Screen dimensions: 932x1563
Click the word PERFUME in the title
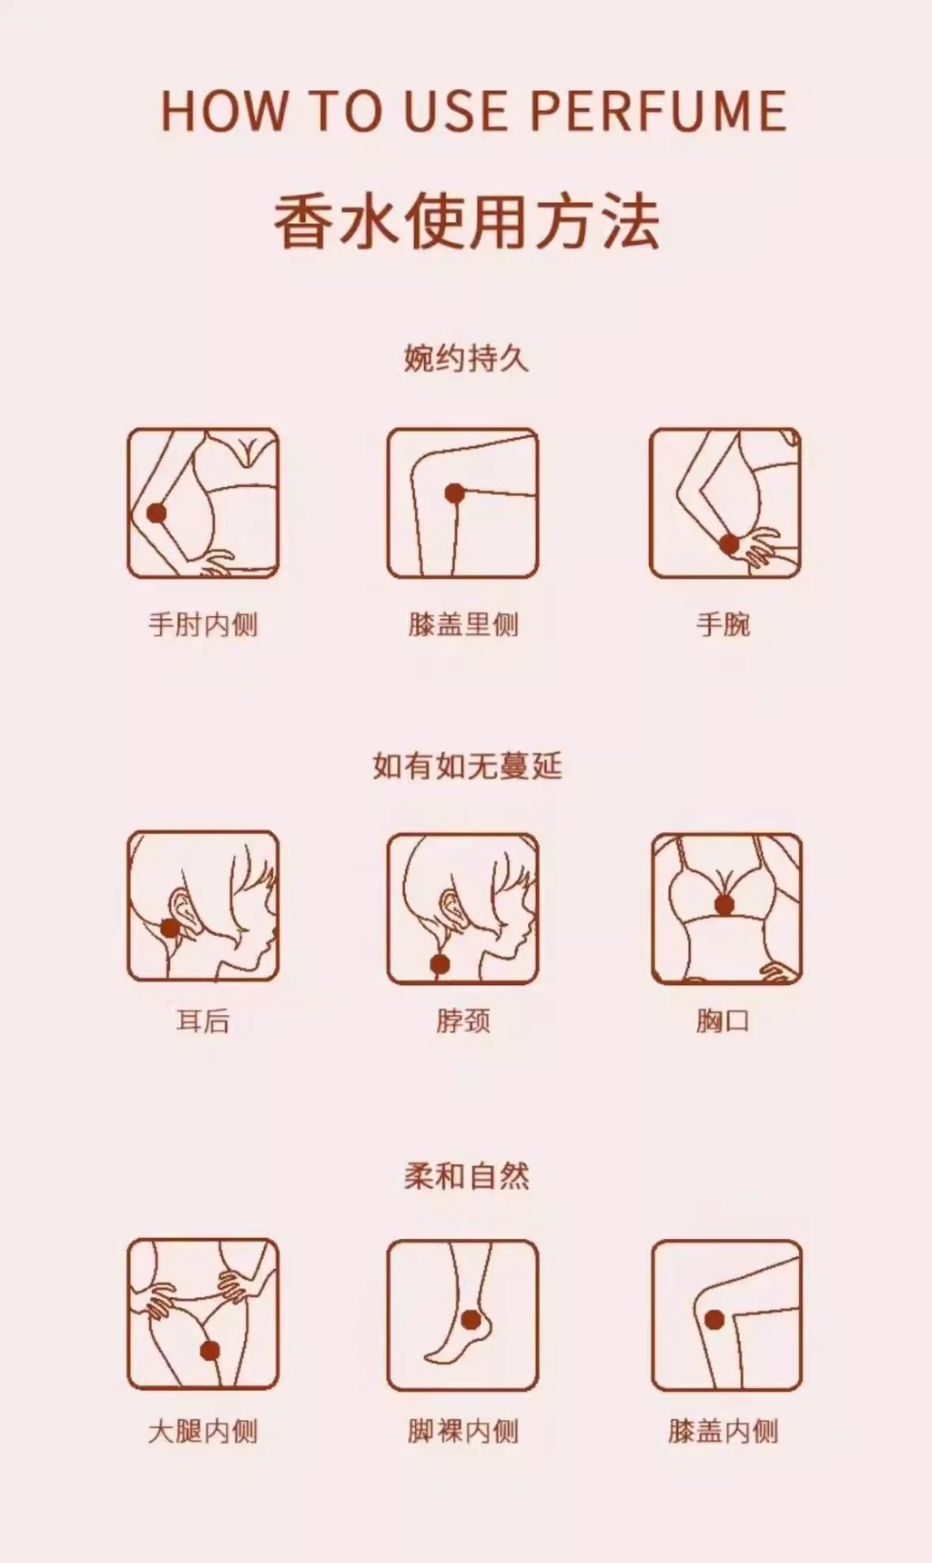point(658,111)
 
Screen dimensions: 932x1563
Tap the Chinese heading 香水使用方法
point(467,223)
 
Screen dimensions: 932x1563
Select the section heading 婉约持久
point(466,359)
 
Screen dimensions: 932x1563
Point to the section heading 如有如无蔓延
point(467,766)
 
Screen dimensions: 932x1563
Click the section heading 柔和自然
point(466,1176)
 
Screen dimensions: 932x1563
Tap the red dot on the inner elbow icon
point(157,513)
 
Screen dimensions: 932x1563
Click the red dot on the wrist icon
point(729,544)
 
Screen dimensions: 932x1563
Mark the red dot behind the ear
point(170,928)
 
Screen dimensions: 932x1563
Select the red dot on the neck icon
point(441,964)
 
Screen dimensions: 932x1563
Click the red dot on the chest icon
point(724,905)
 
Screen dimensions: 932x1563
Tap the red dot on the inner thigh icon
point(210,1351)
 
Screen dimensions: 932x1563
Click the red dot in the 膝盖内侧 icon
point(714,1319)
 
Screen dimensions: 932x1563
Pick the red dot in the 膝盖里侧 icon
point(455,494)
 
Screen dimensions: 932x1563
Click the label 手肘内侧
point(203,624)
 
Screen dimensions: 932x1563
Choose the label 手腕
point(724,624)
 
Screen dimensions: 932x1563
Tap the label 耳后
point(203,1020)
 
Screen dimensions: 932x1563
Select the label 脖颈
point(463,1020)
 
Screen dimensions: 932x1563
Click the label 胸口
point(724,1020)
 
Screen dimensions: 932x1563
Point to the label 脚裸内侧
point(463,1431)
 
